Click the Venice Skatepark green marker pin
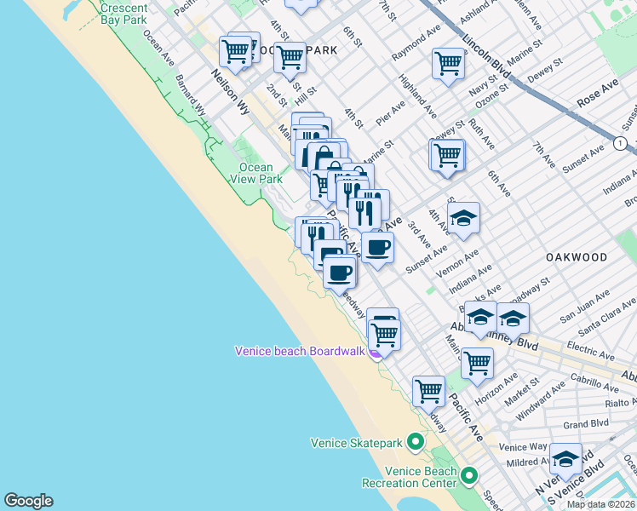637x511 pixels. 416,442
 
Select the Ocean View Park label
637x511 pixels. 255,174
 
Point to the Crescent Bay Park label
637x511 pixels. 124,12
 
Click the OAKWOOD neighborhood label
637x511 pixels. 577,256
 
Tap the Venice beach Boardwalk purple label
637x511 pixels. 300,351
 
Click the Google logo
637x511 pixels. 28,501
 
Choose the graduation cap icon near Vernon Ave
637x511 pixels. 463,219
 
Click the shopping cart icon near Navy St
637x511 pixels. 448,62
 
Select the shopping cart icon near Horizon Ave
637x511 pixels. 477,362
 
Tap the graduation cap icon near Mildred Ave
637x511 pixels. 565,459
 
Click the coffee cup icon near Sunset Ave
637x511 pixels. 377,247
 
